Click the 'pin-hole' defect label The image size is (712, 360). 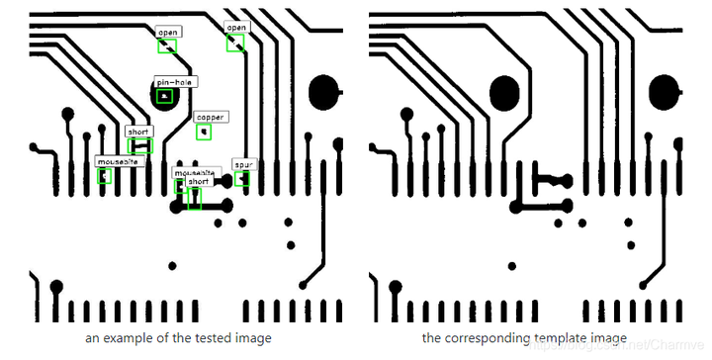click(x=174, y=82)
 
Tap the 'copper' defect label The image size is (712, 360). click(x=210, y=117)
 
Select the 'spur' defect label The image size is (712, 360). click(x=242, y=163)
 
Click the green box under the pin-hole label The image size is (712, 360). click(x=164, y=96)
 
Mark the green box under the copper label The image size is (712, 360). click(x=204, y=131)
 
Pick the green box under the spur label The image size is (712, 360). click(x=241, y=179)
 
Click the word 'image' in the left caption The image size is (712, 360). click(x=252, y=338)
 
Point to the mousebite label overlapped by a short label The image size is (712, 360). click(x=191, y=172)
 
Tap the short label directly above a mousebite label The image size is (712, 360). click(x=139, y=132)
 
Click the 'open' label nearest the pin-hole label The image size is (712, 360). click(x=167, y=33)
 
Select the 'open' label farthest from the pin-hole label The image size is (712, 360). click(x=235, y=28)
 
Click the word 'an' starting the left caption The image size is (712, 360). click(x=91, y=338)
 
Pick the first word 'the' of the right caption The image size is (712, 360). click(x=431, y=338)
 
